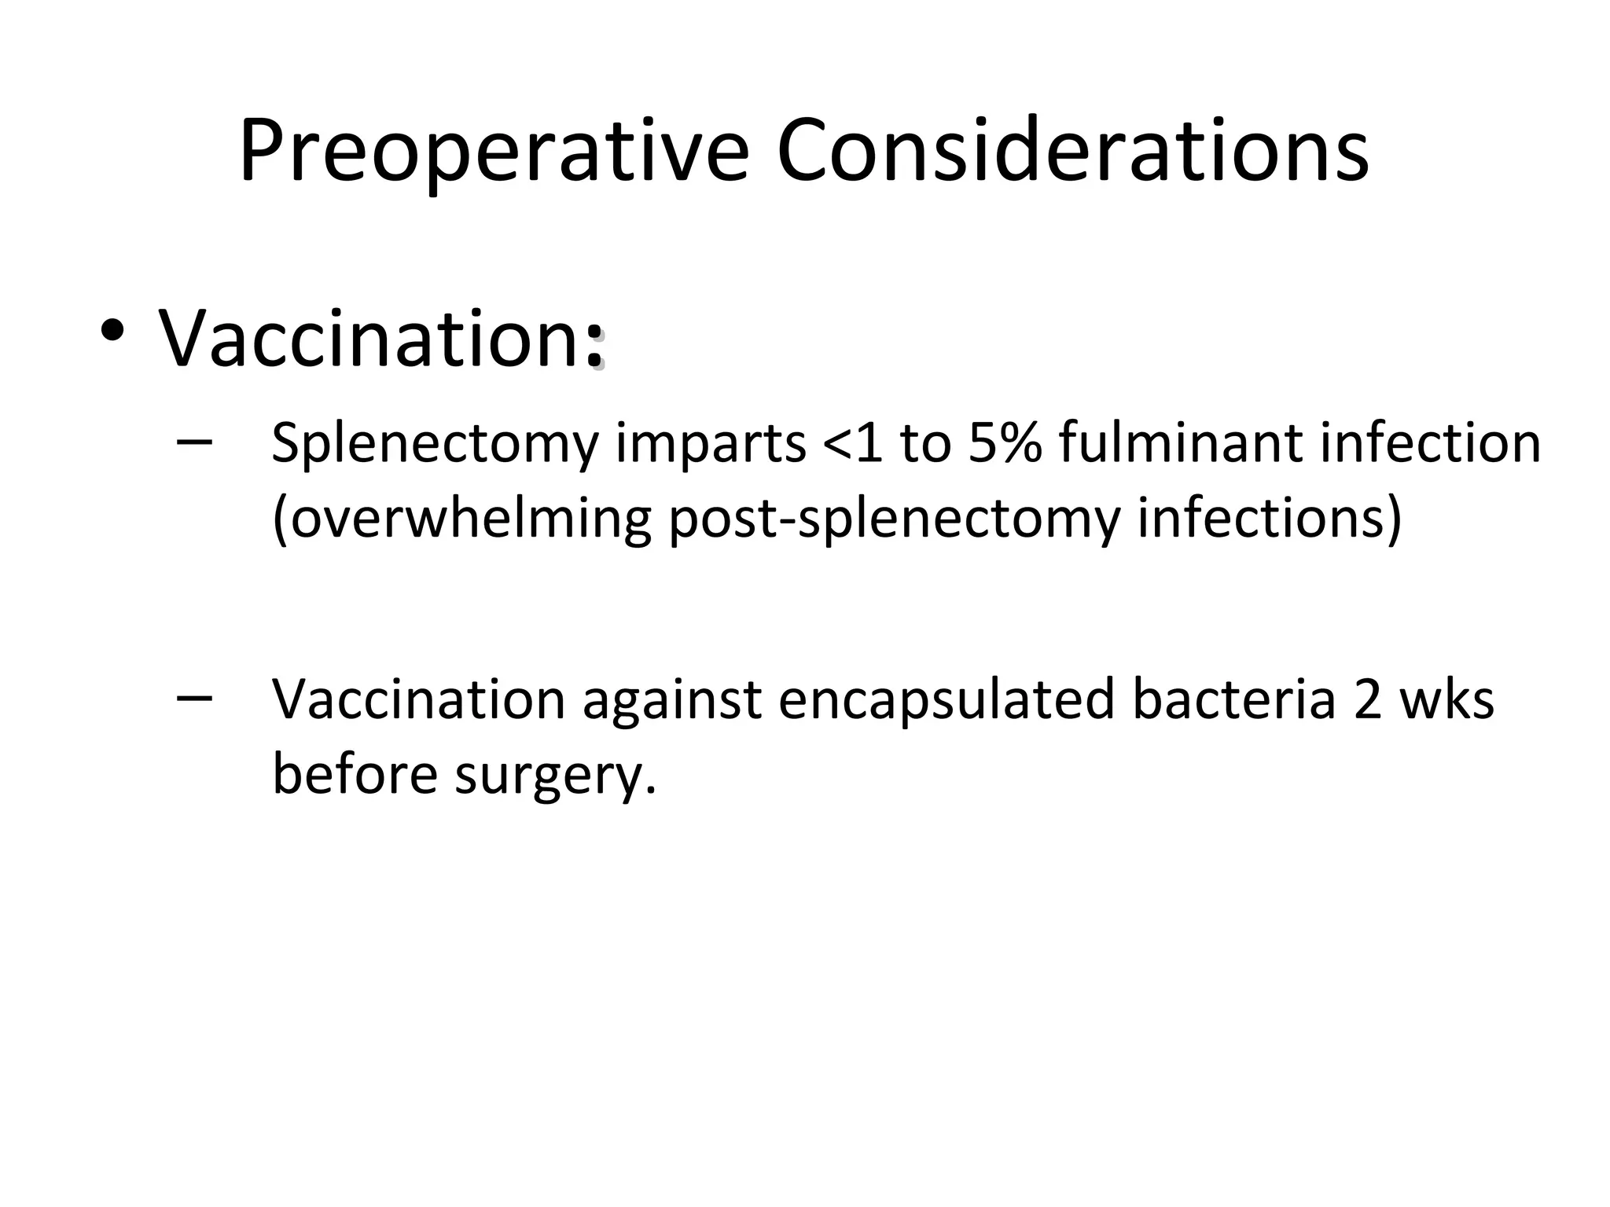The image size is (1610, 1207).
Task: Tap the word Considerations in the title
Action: pyautogui.click(x=1072, y=151)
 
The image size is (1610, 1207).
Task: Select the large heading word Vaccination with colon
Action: pyautogui.click(x=381, y=338)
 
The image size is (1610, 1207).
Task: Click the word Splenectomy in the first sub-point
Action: pyautogui.click(x=435, y=444)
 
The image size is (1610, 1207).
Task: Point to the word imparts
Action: pyautogui.click(x=711, y=444)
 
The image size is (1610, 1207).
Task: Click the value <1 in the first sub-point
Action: pyautogui.click(x=852, y=444)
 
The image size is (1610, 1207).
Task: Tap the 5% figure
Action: pyautogui.click(x=1005, y=444)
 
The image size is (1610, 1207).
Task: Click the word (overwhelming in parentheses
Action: pyautogui.click(x=461, y=519)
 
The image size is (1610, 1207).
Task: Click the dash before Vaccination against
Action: pyautogui.click(x=194, y=697)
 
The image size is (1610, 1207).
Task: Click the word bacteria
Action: pyautogui.click(x=1233, y=699)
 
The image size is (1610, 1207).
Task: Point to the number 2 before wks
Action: pyautogui.click(x=1368, y=699)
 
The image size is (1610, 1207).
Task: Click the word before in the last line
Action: pyautogui.click(x=355, y=774)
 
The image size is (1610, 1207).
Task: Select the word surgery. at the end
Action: pyautogui.click(x=556, y=774)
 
